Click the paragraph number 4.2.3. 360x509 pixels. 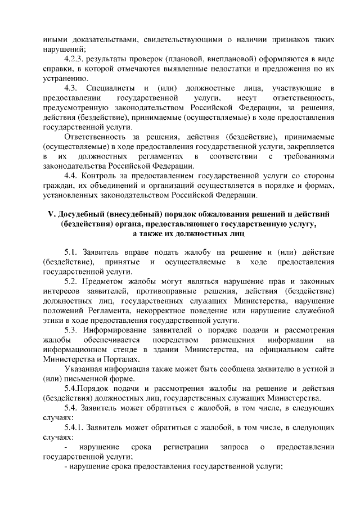[x=77, y=58]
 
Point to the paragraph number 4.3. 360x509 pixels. [x=73, y=89]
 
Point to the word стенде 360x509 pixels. [x=130, y=350]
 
